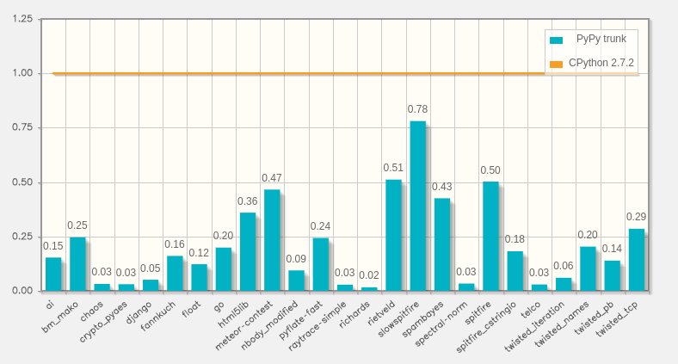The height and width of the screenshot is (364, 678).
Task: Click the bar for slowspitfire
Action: click(417, 206)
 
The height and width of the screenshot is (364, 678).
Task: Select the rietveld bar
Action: click(393, 235)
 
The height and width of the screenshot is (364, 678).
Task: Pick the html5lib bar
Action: click(248, 251)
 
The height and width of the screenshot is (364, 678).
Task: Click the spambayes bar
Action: click(442, 244)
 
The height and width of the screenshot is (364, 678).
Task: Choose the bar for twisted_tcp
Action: click(636, 259)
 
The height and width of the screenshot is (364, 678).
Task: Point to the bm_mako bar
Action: click(77, 263)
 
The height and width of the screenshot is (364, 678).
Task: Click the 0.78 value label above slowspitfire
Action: click(417, 109)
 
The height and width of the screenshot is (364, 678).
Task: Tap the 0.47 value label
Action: click(272, 178)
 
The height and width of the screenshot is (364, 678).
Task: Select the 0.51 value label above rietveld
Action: click(393, 168)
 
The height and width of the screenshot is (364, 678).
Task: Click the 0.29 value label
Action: click(636, 217)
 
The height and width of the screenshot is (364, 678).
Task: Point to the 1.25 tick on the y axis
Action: click(23, 19)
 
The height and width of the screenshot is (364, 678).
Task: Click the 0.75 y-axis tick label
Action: click(23, 127)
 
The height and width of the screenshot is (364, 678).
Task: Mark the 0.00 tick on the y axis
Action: click(23, 291)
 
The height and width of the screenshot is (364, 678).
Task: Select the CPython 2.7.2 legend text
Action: click(601, 64)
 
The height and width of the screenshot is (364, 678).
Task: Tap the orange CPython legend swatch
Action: click(556, 65)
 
